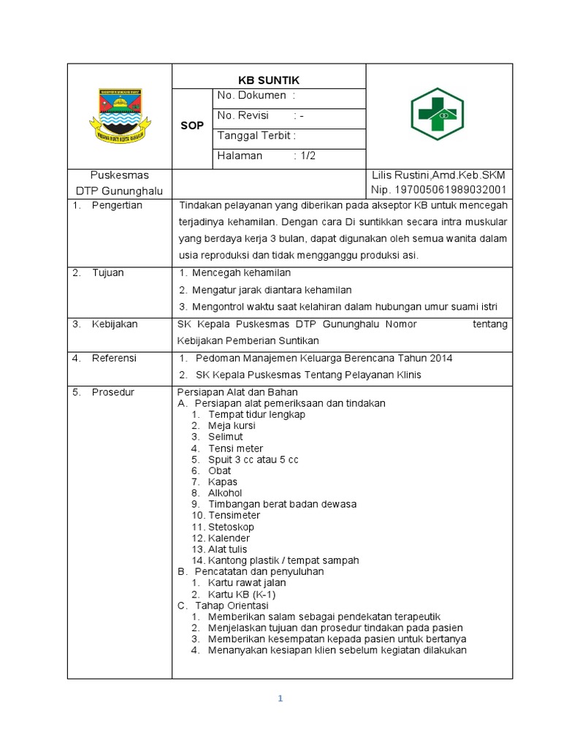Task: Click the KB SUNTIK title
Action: pos(268,80)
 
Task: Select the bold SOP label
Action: pos(192,126)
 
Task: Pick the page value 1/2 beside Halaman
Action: pos(308,156)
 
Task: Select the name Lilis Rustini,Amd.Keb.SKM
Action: pos(438,175)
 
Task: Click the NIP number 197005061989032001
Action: pos(438,190)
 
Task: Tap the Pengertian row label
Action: pos(117,205)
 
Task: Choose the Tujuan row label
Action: pos(107,272)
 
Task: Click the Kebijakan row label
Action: pos(114,324)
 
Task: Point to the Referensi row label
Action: pos(114,358)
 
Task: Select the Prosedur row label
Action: pos(112,392)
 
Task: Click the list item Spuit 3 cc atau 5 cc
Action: pos(253,459)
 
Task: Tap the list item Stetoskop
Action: pos(231,527)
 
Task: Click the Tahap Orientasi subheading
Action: pos(232,606)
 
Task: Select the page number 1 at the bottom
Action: pos(280,698)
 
